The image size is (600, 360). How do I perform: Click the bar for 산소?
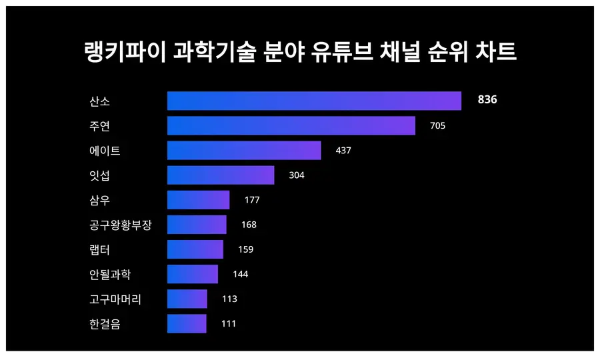click(314, 101)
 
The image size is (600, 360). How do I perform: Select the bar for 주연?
click(291, 125)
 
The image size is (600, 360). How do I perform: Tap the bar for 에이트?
click(244, 150)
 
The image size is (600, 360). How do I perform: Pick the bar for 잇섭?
click(221, 175)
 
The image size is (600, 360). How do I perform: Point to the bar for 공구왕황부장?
click(197, 225)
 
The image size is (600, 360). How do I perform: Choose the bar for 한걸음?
click(187, 323)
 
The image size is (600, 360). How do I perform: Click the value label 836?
click(487, 100)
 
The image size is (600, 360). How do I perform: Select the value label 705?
click(437, 125)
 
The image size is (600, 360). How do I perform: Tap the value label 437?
click(343, 151)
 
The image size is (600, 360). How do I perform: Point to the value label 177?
click(252, 200)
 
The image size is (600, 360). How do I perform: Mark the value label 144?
click(240, 274)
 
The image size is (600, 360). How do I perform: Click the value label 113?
click(229, 299)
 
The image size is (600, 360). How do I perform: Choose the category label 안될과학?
click(110, 274)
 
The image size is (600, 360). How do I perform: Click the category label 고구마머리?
click(115, 299)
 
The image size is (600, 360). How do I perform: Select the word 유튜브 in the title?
click(340, 51)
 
